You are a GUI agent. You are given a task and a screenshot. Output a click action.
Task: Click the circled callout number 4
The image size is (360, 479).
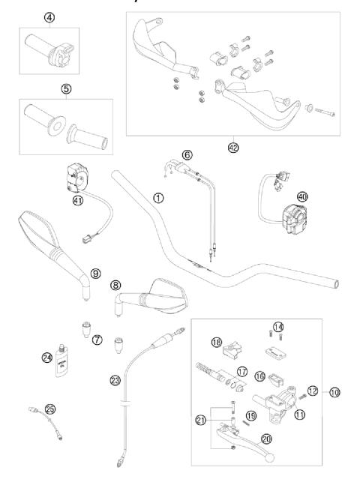point(49,16)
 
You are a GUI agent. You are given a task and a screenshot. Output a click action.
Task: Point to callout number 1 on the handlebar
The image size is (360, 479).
point(158,198)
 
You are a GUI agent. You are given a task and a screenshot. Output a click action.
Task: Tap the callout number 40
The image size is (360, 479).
point(302,196)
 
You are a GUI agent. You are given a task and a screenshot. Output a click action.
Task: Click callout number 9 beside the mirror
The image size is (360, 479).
point(95,274)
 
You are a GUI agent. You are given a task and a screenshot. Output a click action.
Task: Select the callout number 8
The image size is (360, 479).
point(115,285)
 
